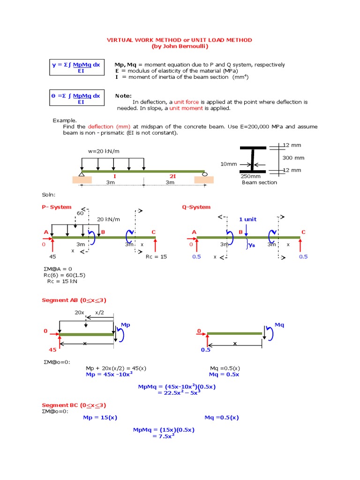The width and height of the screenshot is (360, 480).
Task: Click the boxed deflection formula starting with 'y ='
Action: pyautogui.click(x=75, y=67)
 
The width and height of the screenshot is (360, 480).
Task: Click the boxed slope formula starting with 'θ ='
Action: pyautogui.click(x=75, y=98)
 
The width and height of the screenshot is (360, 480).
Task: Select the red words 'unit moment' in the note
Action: pyautogui.click(x=186, y=108)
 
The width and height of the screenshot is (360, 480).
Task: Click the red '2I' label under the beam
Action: pyautogui.click(x=173, y=176)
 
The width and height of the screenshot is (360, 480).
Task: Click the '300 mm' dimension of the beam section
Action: pyautogui.click(x=293, y=158)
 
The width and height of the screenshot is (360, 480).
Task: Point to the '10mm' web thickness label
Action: pyautogui.click(x=228, y=164)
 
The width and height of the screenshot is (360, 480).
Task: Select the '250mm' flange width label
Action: pyautogui.click(x=250, y=176)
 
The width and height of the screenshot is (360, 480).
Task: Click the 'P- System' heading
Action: pyautogui.click(x=57, y=207)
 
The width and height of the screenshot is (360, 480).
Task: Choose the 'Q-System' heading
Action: pyautogui.click(x=196, y=207)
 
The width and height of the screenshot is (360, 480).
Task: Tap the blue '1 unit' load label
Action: pyautogui.click(x=248, y=219)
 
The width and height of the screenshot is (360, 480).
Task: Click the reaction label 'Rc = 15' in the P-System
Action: pyautogui.click(x=156, y=256)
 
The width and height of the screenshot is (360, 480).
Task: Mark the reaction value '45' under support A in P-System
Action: pyautogui.click(x=52, y=256)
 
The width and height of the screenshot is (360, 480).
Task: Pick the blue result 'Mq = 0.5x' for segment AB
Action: pyautogui.click(x=224, y=375)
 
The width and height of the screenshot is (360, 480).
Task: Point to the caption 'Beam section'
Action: pyautogui.click(x=259, y=182)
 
